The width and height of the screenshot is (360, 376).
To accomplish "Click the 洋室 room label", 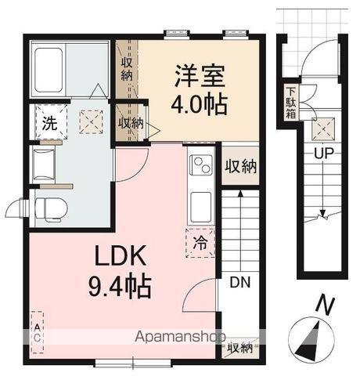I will [200, 78].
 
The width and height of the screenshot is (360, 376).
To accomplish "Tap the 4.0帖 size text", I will [200, 103].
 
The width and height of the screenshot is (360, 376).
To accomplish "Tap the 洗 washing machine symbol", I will [48, 123].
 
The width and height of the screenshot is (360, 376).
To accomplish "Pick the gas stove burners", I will [200, 166].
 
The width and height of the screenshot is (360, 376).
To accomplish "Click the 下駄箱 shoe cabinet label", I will [290, 99].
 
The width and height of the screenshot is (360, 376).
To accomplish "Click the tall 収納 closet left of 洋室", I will [127, 67].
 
